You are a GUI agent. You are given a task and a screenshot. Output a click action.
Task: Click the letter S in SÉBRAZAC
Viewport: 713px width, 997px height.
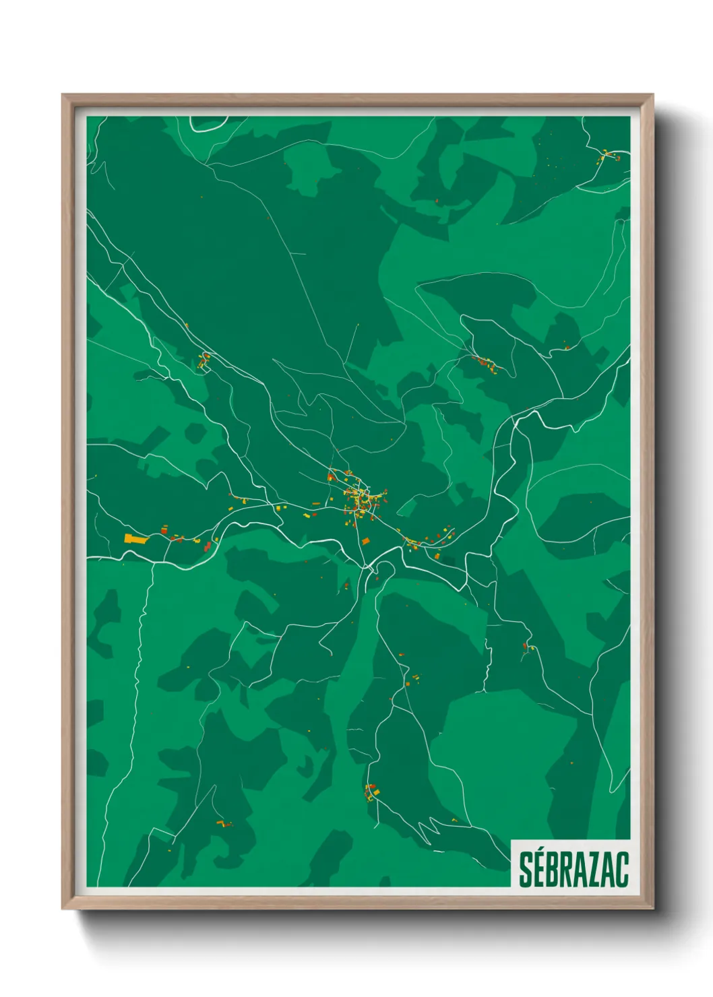pyautogui.click(x=526, y=870)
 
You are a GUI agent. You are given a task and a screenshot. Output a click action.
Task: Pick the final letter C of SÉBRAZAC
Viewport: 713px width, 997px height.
pyautogui.click(x=622, y=870)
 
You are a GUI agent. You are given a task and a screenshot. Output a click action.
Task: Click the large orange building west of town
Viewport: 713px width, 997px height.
pyautogui.click(x=134, y=538)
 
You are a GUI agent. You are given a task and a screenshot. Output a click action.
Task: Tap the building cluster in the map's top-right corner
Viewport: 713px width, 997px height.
pyautogui.click(x=609, y=156)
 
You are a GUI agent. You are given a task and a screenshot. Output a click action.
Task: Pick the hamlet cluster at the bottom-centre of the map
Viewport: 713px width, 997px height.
pyautogui.click(x=371, y=792)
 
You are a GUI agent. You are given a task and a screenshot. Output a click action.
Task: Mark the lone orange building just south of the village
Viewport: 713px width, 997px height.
pyautogui.click(x=366, y=541)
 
